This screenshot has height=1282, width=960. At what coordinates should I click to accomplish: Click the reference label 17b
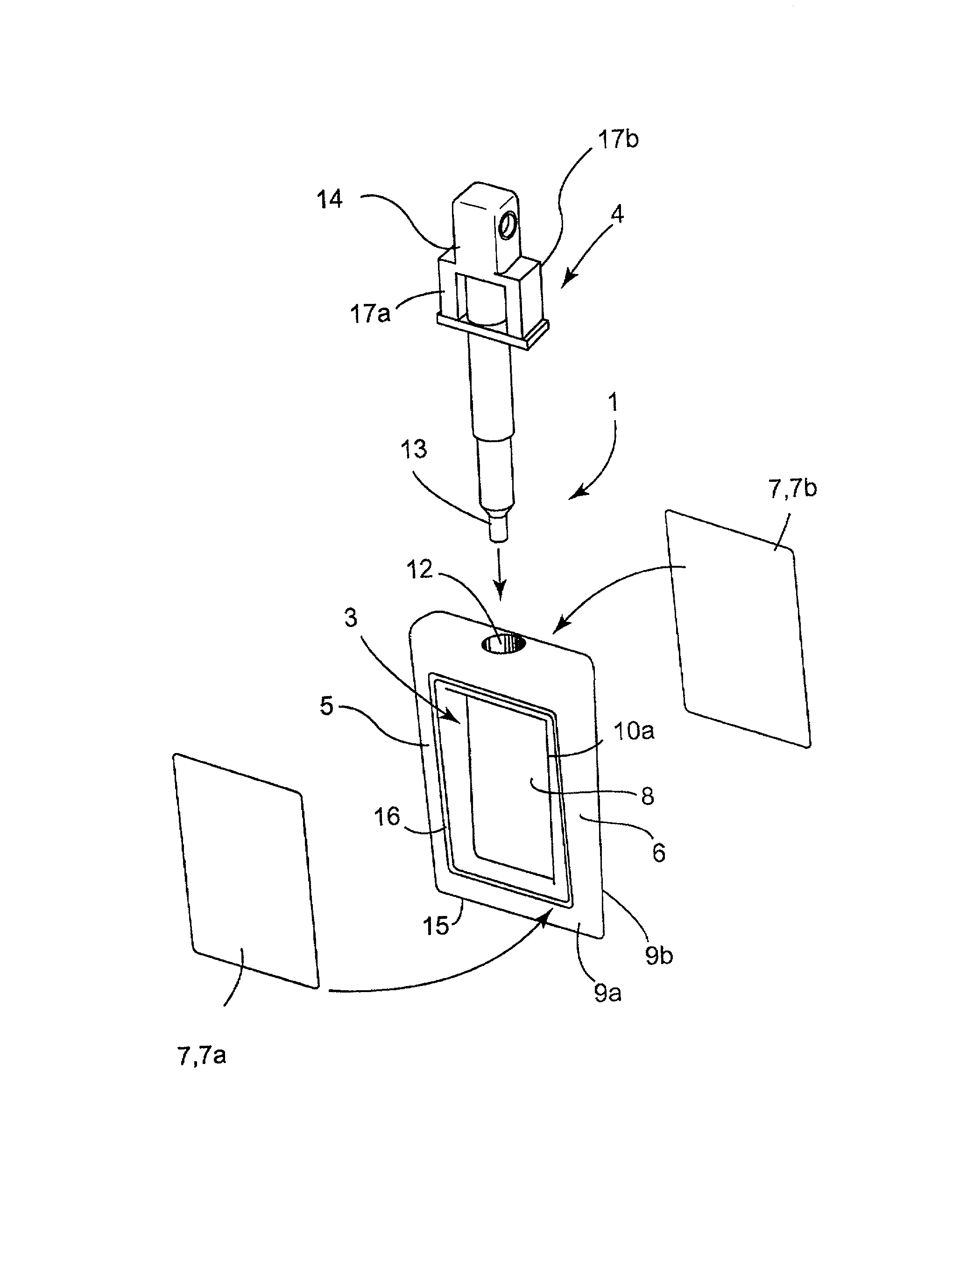click(618, 140)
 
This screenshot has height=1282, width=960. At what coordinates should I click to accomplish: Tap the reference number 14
click(330, 199)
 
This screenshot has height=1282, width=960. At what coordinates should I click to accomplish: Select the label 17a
click(370, 314)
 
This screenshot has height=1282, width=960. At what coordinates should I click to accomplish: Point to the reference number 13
click(414, 449)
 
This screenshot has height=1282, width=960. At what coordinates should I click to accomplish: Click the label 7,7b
click(792, 489)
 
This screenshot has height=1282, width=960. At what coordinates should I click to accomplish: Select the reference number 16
click(387, 817)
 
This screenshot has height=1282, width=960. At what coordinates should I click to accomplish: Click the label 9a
click(607, 993)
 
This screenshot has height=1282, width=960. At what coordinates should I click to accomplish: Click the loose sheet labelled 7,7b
click(738, 629)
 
